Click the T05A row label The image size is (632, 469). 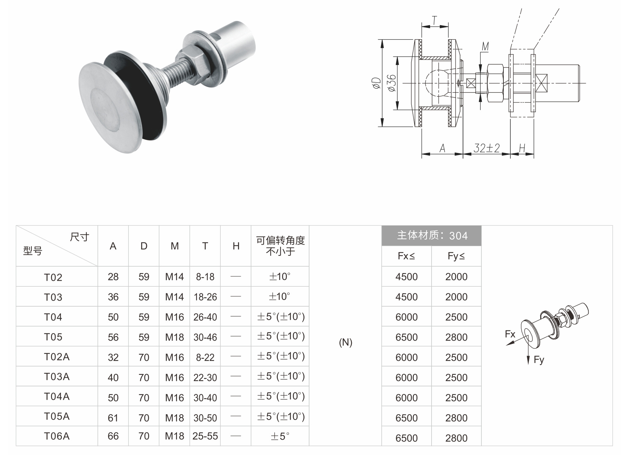click(x=57, y=416)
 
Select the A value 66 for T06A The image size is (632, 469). click(x=113, y=436)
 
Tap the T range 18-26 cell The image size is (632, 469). click(x=205, y=297)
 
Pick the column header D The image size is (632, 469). click(x=144, y=246)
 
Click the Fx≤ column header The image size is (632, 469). click(x=406, y=256)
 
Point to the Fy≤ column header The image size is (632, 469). click(x=456, y=256)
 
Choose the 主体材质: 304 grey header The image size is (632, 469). click(x=432, y=236)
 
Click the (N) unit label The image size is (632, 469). click(x=346, y=342)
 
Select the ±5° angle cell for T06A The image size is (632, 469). click(x=280, y=436)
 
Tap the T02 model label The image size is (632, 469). click(x=53, y=277)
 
